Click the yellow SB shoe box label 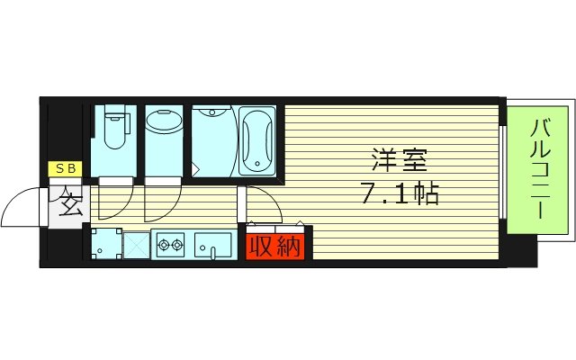[x=66, y=168]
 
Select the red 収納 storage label [x=275, y=245]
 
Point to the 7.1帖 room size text [x=401, y=193]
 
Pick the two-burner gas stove [x=170, y=243]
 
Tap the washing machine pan [x=105, y=243]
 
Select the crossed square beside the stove [x=136, y=244]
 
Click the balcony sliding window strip [x=503, y=171]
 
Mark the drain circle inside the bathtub [x=256, y=164]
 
